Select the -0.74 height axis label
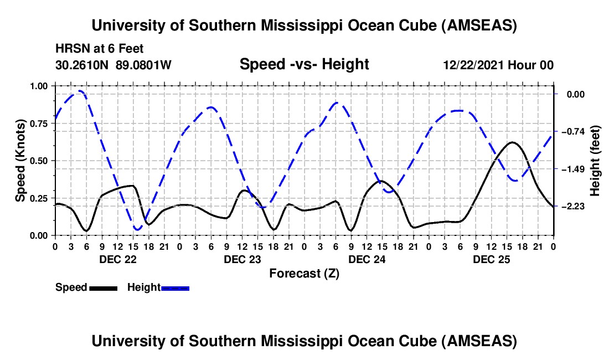tap(573, 132)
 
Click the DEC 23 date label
tap(242, 259)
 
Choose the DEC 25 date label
tap(491, 259)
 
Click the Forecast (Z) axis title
tap(304, 274)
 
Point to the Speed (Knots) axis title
tap(20, 161)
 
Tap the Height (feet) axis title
tap(595, 161)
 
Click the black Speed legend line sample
tap(104, 289)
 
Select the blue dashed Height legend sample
tap(175, 289)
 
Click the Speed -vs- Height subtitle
tap(304, 64)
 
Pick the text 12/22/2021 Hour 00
tap(498, 65)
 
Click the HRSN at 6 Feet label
tap(100, 49)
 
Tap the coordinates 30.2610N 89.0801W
tap(113, 65)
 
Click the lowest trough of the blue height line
tap(137, 229)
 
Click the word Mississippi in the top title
tap(301, 25)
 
